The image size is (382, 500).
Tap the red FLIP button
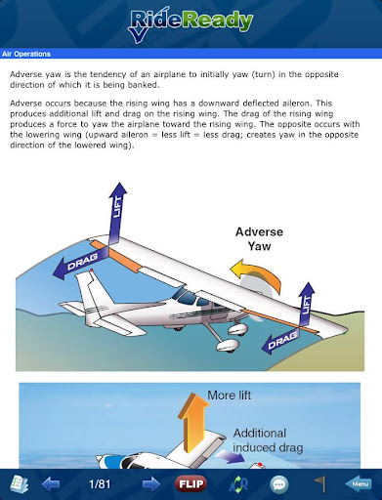(x=191, y=483)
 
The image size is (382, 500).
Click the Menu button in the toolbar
(x=359, y=484)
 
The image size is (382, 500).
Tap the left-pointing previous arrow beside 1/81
(x=51, y=484)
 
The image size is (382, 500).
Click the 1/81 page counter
(x=100, y=484)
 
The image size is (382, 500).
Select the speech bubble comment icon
(x=279, y=484)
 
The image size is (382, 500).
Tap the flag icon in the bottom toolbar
(x=320, y=484)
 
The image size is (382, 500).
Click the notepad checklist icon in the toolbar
(x=20, y=484)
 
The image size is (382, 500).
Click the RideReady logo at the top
(x=191, y=25)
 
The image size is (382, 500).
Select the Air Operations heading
(x=26, y=54)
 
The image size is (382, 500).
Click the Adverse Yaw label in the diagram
(x=259, y=239)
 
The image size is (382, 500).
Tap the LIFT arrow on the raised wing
(x=116, y=213)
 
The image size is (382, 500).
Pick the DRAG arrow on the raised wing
(x=80, y=262)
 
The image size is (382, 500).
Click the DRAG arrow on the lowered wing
(x=280, y=341)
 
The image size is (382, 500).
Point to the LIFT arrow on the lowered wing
(x=306, y=304)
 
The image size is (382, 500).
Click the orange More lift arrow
(x=192, y=423)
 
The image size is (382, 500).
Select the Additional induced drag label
(x=268, y=440)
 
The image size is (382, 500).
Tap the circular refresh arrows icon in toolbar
(x=238, y=484)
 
